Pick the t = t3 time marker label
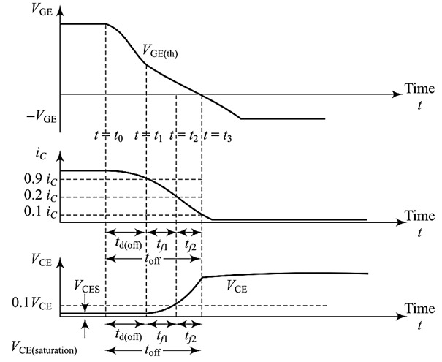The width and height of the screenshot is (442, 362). pyautogui.click(x=218, y=135)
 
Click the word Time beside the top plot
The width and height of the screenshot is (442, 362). pyautogui.click(x=419, y=88)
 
